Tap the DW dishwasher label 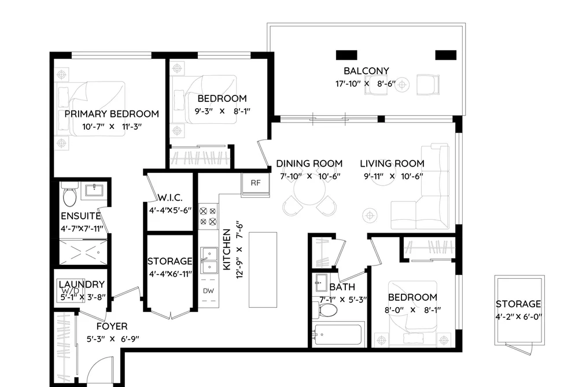coord(208,290)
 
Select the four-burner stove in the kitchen coord(208,216)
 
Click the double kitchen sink coord(208,260)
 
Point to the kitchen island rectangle coord(263,270)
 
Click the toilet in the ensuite coord(69,194)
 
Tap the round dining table coord(309,191)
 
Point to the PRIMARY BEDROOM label coord(112,113)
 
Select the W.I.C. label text coord(170,198)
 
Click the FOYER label coord(112,326)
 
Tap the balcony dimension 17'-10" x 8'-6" coord(365,84)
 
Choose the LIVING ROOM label coord(392,164)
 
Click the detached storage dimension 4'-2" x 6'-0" coord(519,317)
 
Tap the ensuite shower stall coord(83,253)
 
